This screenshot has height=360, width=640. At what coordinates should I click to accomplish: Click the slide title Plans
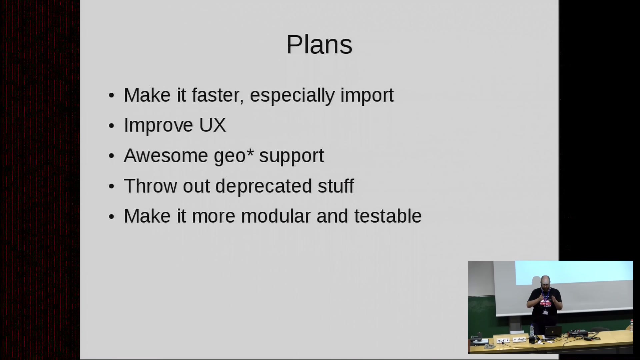click(x=319, y=45)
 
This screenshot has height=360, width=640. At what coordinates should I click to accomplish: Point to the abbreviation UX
click(x=212, y=125)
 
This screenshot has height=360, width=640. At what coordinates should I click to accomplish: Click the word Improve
click(x=158, y=126)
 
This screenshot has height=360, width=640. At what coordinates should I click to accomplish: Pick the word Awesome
click(x=166, y=156)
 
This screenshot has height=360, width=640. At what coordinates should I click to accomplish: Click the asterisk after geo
click(x=250, y=152)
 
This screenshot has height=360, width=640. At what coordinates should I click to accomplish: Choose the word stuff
click(x=336, y=186)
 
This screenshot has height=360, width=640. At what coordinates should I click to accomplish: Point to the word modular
click(x=276, y=216)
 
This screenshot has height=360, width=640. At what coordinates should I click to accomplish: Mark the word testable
click(x=388, y=216)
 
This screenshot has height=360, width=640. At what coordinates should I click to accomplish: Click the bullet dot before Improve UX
click(x=111, y=126)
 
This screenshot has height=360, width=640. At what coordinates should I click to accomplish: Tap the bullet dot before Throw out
click(x=111, y=187)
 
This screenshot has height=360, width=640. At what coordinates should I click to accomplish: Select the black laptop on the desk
click(x=553, y=331)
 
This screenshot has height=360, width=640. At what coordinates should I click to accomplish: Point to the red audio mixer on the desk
click(x=578, y=333)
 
